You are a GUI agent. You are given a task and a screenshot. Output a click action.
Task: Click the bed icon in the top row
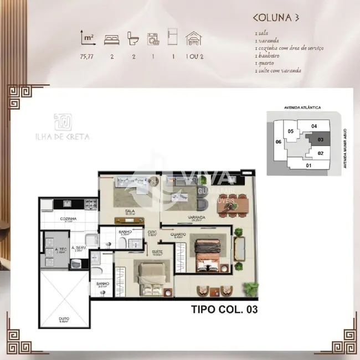pos(111,39)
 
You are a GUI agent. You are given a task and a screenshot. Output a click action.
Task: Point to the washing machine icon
pos(152,39)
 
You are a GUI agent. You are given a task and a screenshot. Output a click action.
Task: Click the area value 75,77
pos(87,56)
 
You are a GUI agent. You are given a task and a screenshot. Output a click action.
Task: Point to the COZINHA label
pos(69,219)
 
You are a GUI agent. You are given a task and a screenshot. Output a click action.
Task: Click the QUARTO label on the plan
pos(178,234)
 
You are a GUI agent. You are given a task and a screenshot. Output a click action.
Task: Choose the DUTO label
pos(64,318)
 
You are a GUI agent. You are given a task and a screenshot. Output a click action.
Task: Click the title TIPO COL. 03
pos(224,309)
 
